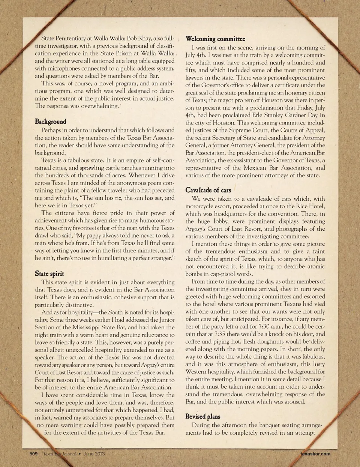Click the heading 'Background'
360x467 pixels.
click(51, 122)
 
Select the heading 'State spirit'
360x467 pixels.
click(49, 273)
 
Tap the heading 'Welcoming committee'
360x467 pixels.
click(215, 39)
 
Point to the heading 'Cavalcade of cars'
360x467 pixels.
click(208, 190)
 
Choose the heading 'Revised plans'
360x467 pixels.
click(203, 416)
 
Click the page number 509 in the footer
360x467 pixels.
click(34, 453)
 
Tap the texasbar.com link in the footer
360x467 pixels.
click(315, 453)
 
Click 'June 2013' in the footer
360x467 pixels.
click(94, 453)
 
